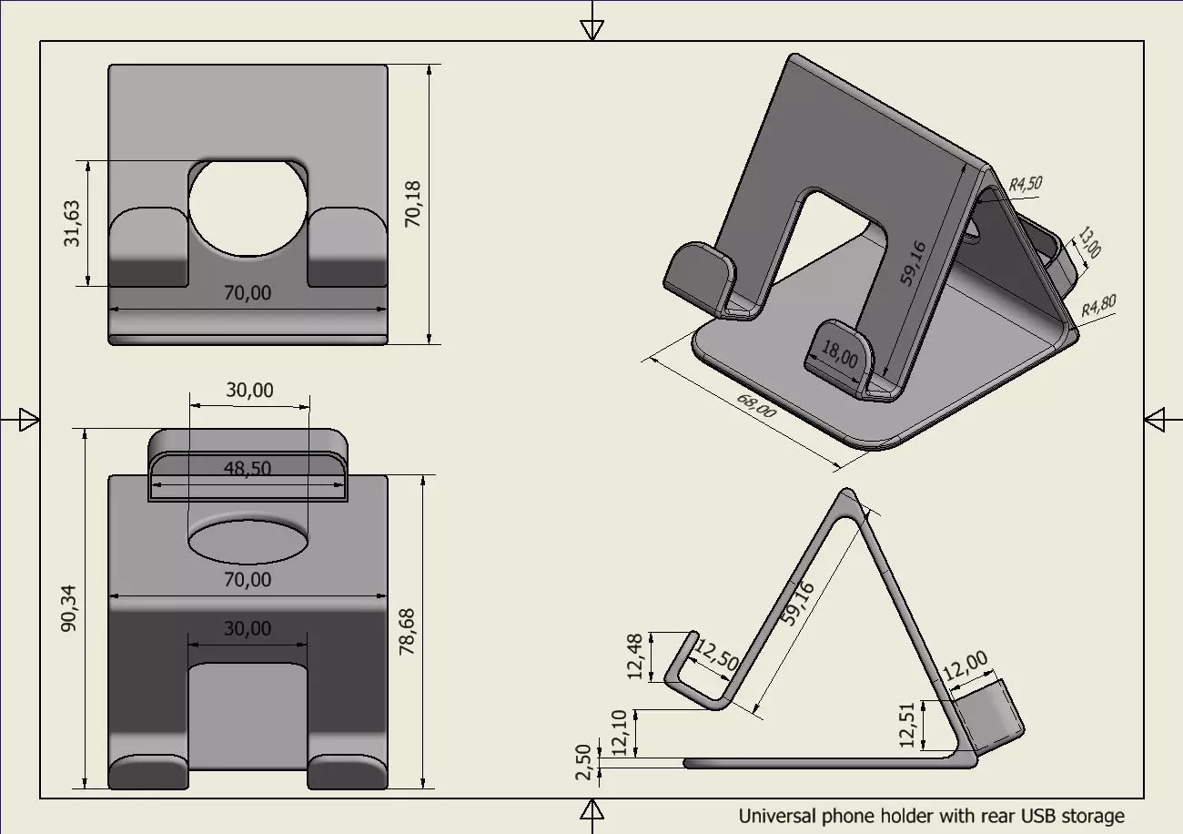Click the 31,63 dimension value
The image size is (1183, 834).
point(73,224)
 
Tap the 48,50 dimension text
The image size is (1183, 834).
point(248,468)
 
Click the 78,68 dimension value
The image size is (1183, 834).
point(407,632)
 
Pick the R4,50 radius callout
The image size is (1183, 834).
point(1025,185)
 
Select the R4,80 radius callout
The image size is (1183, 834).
point(1098,306)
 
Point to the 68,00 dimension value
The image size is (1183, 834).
point(755,406)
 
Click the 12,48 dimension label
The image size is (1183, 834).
point(635,656)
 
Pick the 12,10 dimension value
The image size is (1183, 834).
point(620,733)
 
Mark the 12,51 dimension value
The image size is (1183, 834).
point(905,725)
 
